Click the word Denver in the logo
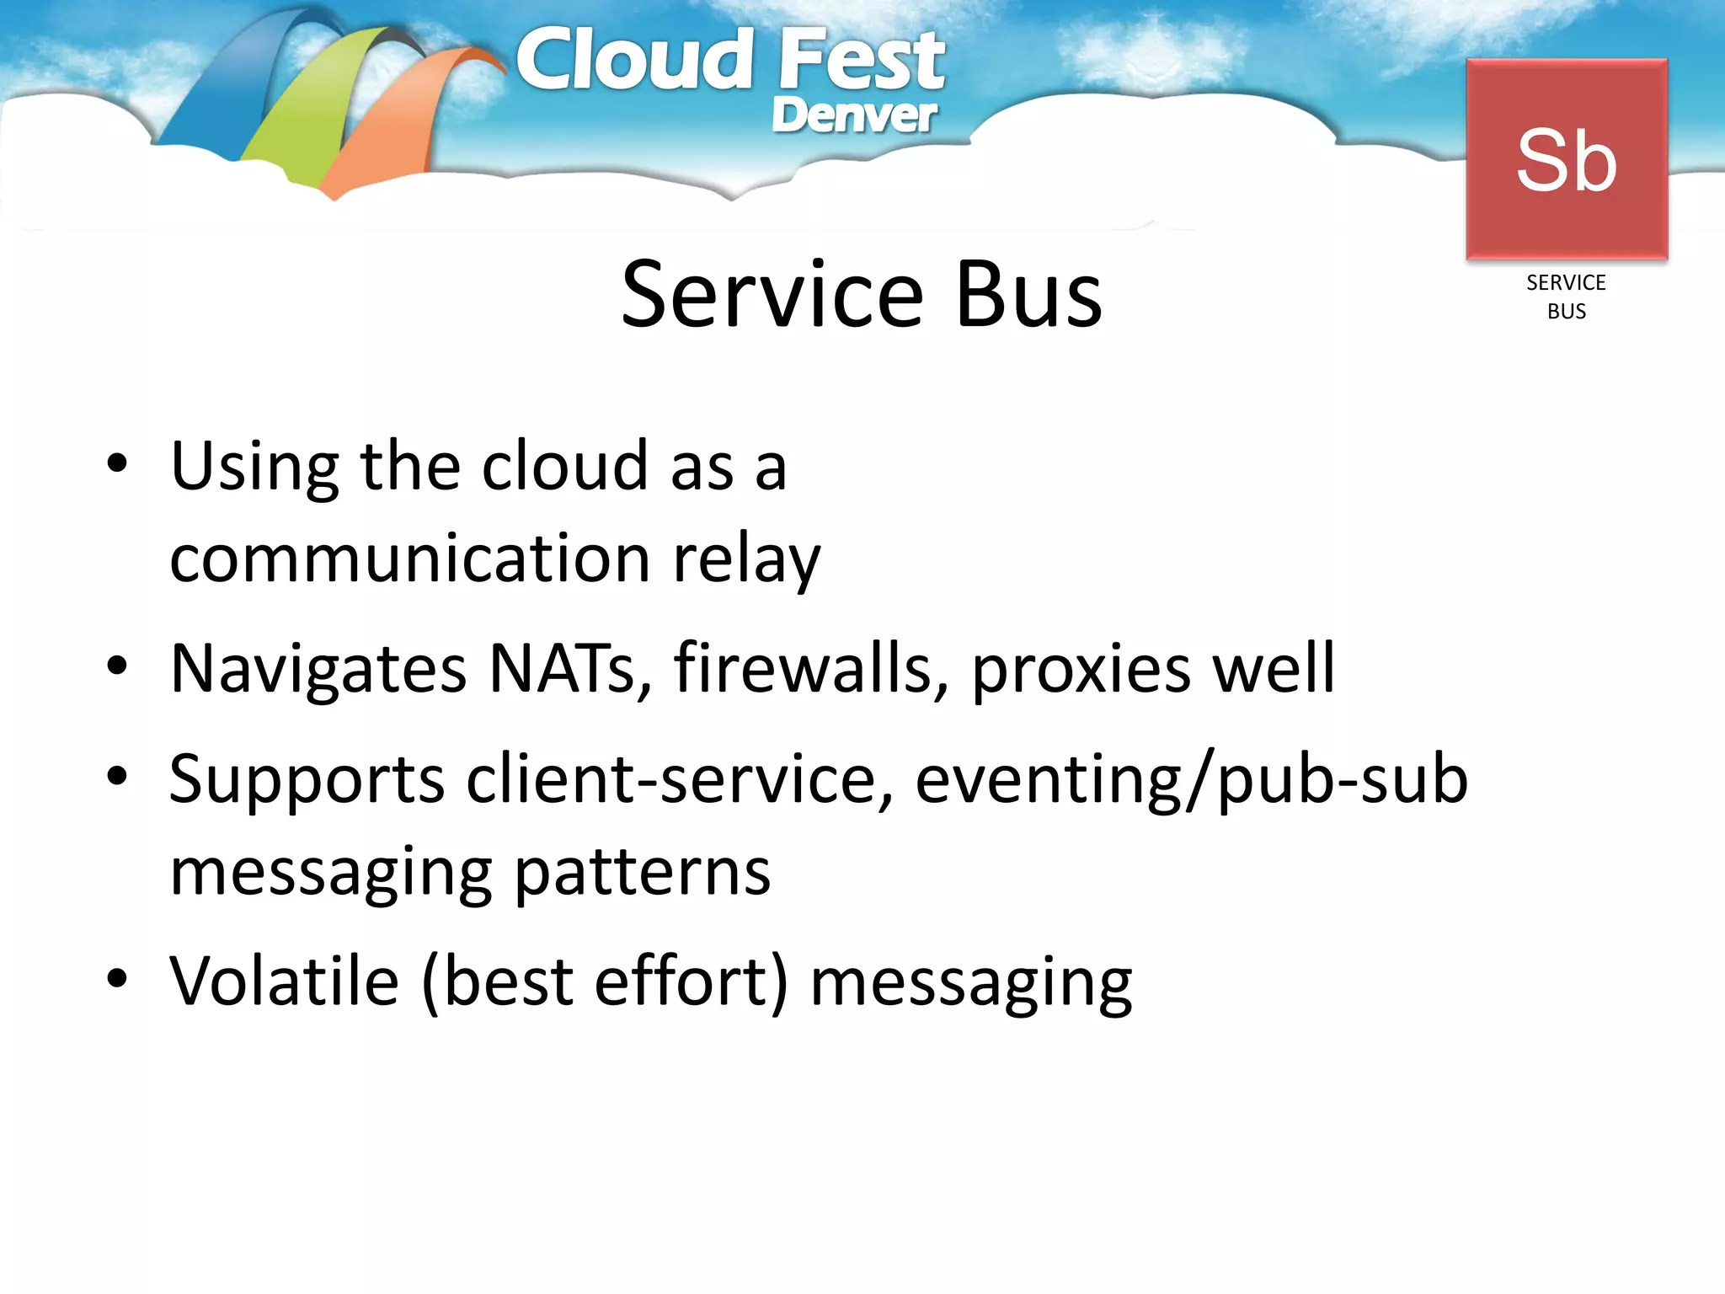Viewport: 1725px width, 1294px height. [x=852, y=116]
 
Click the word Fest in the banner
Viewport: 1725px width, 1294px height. [x=861, y=61]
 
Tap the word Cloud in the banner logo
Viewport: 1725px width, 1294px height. [x=634, y=61]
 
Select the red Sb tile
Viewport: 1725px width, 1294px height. [x=1567, y=159]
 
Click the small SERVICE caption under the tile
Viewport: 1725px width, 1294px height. [x=1566, y=283]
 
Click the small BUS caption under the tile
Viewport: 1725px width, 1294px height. [x=1566, y=312]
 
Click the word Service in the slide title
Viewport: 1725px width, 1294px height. [x=772, y=296]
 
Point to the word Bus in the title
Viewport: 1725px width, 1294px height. [x=1028, y=296]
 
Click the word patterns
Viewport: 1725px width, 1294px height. [x=642, y=873]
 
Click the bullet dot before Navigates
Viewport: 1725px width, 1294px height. [x=117, y=666]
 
